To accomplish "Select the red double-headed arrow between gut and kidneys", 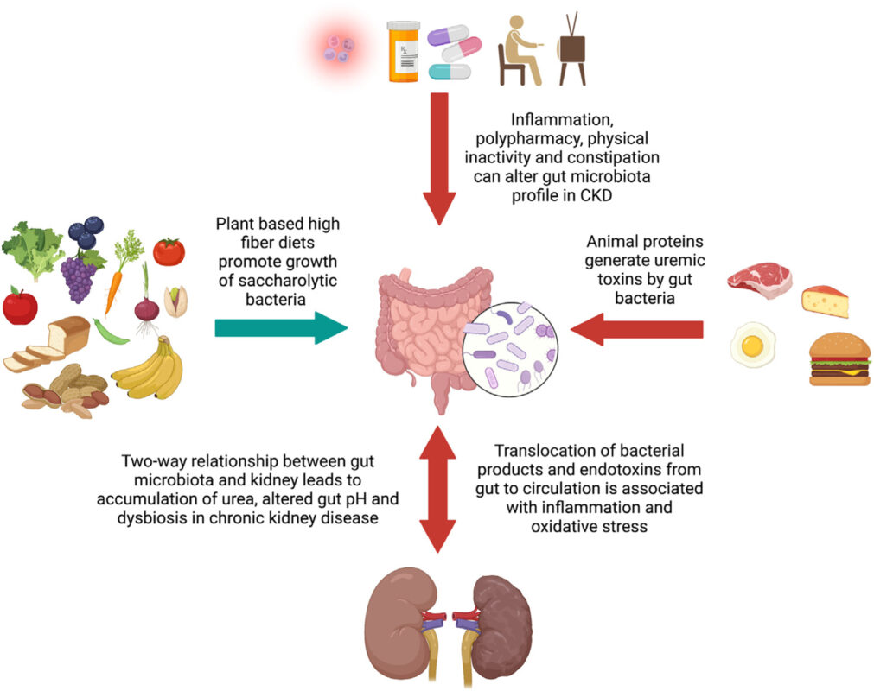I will [440, 489].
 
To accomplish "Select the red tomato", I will [169, 251].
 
